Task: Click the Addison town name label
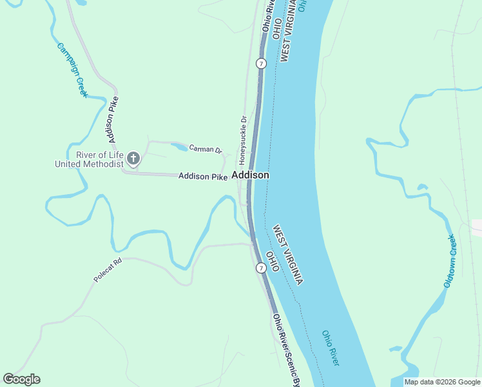pos(250,175)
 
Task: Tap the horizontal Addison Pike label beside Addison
pos(203,176)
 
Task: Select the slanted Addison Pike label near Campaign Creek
pos(114,120)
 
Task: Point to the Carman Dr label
pos(206,149)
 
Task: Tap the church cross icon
pos(133,158)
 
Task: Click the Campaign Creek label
pos(72,70)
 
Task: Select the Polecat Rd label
pos(108,271)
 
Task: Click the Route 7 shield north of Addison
pos(261,63)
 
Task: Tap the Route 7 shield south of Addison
pos(261,268)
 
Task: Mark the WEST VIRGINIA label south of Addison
pos(287,255)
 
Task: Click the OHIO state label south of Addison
pos(273,261)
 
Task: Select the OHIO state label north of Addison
pos(276,29)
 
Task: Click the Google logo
pos(22,379)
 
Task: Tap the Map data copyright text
pos(442,382)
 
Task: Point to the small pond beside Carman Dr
pos(180,147)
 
